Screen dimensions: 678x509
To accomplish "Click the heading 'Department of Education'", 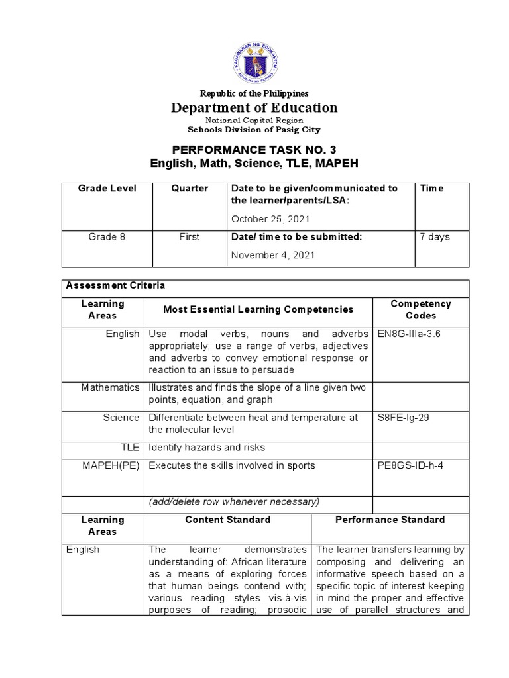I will (255, 108).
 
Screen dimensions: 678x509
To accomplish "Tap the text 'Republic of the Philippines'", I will (255, 94).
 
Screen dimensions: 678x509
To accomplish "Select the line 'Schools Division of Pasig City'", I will (255, 130).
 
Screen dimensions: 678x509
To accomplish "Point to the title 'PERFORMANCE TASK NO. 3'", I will (255, 150).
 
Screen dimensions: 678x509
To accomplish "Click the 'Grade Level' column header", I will (107, 189).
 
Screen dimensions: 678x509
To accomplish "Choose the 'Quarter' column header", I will (190, 189).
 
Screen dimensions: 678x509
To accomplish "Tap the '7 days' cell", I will (435, 237).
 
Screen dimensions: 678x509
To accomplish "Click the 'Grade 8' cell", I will (107, 237).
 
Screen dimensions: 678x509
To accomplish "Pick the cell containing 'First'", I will (190, 237).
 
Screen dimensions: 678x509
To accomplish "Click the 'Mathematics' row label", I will (111, 387).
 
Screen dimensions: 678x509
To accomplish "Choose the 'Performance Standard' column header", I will (390, 520).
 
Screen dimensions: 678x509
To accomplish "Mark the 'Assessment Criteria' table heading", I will (115, 285).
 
